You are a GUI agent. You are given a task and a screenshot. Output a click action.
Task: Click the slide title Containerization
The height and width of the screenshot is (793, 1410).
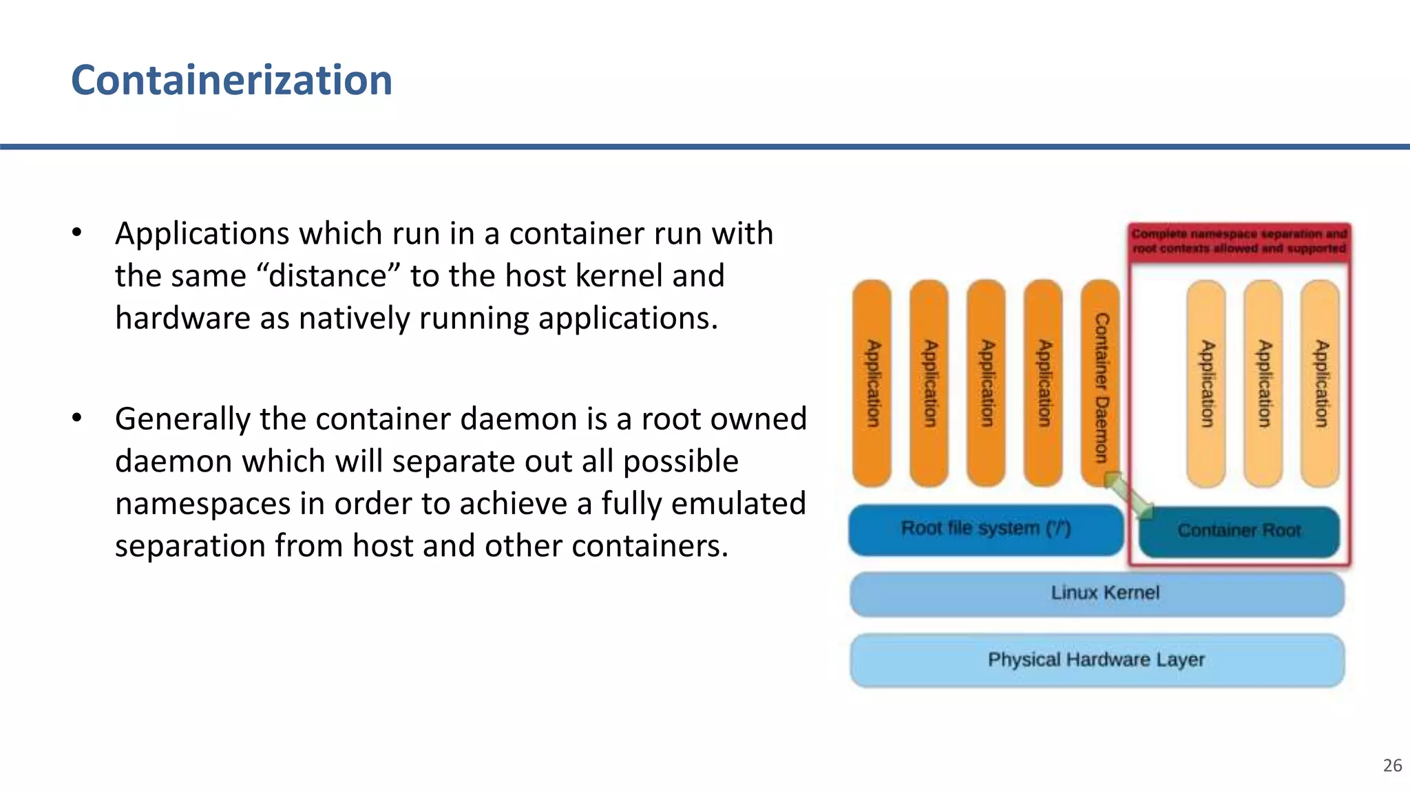[x=231, y=80]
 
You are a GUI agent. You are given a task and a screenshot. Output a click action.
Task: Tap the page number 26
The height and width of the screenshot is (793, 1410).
[x=1392, y=765]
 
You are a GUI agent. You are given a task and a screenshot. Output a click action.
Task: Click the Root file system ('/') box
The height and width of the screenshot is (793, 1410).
[x=985, y=529]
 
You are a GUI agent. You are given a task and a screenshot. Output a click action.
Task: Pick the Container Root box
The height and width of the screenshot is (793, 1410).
[x=1239, y=531]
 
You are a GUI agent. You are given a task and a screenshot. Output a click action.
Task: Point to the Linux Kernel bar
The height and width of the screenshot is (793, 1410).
[x=1097, y=593]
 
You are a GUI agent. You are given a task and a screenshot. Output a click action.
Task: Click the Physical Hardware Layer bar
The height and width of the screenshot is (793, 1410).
[x=1097, y=659]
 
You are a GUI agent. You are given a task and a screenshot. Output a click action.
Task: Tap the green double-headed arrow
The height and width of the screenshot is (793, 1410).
[x=1129, y=495]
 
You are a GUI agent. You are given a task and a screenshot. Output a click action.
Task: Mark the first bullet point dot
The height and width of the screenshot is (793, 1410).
[x=77, y=233]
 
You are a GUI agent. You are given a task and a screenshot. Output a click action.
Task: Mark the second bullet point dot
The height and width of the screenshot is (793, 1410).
[x=77, y=418]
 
